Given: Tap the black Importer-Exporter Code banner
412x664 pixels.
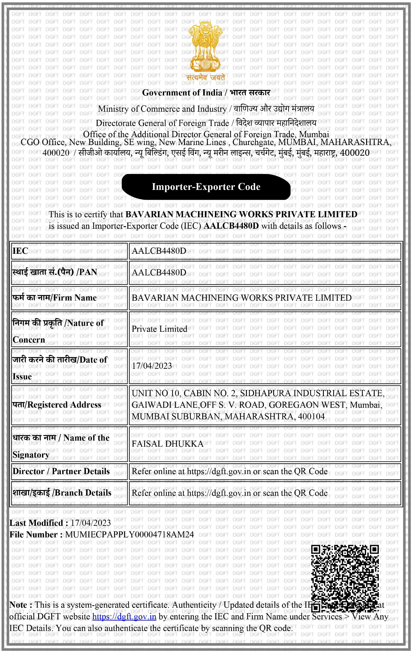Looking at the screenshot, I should [x=206, y=187].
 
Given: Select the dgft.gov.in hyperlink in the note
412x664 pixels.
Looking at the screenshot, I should [x=124, y=617].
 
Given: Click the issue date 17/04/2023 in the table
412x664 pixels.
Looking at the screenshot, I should [x=152, y=366].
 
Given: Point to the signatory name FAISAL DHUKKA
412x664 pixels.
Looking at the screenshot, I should [x=167, y=444].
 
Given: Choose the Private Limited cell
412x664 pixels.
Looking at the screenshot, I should [x=159, y=329].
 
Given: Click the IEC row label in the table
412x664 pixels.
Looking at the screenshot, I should [x=20, y=251].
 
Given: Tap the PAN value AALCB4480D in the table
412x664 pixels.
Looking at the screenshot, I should [x=159, y=272].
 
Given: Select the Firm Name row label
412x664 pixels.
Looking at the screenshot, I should [x=54, y=298].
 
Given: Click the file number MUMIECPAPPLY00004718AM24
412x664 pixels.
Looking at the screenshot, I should [x=129, y=535].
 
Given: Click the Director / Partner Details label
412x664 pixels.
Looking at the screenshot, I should [x=61, y=471].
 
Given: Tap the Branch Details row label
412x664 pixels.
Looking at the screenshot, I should [x=62, y=493].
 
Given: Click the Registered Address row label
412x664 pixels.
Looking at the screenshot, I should [x=57, y=405].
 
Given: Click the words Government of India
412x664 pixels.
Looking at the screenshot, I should [x=182, y=93].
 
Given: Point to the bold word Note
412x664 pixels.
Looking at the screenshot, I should [x=21, y=605].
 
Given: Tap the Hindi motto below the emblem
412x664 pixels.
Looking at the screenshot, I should [x=206, y=78].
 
